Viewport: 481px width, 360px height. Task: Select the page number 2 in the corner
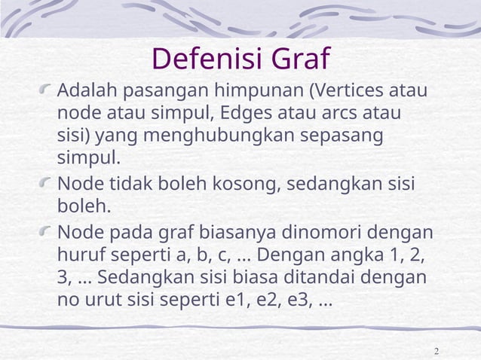point(437,352)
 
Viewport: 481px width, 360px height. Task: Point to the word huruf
point(79,254)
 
